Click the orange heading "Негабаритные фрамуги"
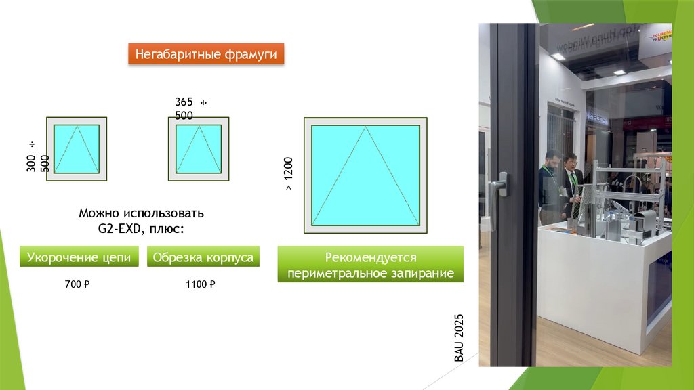(206, 54)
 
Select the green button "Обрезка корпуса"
(203, 257)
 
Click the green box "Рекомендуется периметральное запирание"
(370, 265)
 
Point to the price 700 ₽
(77, 285)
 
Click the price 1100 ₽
(200, 285)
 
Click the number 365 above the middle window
(184, 102)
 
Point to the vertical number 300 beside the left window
(31, 162)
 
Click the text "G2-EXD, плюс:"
(141, 229)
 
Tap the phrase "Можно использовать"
(141, 213)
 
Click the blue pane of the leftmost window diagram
(77, 149)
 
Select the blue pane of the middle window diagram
(199, 149)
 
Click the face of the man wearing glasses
(571, 162)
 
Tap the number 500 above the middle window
(184, 116)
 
